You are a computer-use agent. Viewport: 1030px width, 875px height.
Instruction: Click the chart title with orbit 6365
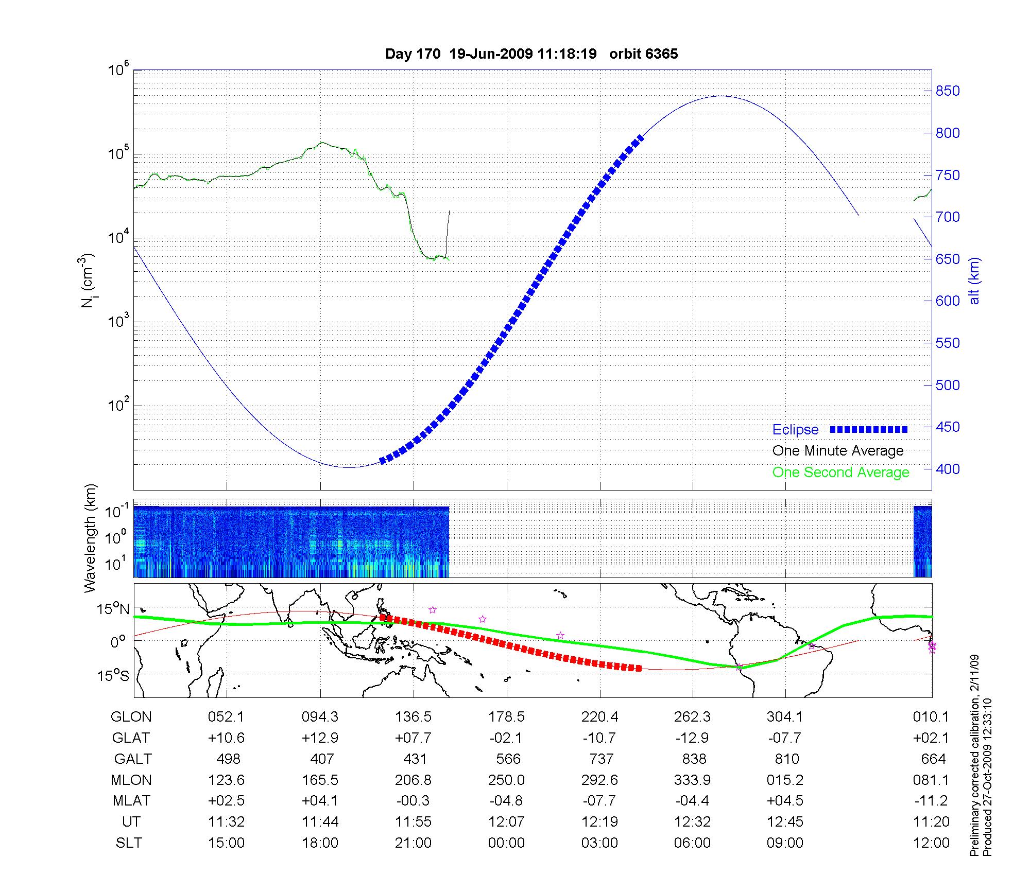coord(531,54)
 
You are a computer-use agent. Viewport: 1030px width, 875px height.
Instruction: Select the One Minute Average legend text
coord(838,451)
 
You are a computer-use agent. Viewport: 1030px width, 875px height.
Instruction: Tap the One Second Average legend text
coord(840,472)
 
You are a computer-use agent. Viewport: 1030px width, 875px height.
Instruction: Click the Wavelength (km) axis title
coord(91,538)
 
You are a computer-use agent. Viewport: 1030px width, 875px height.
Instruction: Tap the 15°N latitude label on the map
coord(114,609)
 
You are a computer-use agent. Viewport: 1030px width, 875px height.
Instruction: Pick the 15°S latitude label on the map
coord(114,675)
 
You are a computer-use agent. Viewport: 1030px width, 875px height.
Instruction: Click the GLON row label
coord(131,717)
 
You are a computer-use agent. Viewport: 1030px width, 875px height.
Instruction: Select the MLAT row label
coord(131,801)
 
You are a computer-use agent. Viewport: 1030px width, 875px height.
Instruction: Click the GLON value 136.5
coord(413,717)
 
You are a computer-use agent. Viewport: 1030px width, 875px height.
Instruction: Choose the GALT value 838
coord(693,759)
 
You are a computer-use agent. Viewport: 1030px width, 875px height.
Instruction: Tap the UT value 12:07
coord(506,822)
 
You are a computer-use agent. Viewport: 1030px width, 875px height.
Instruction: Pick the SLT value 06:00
coord(692,843)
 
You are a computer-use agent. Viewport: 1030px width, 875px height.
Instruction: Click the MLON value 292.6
coord(599,780)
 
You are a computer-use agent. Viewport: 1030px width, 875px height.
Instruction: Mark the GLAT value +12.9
coord(320,738)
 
